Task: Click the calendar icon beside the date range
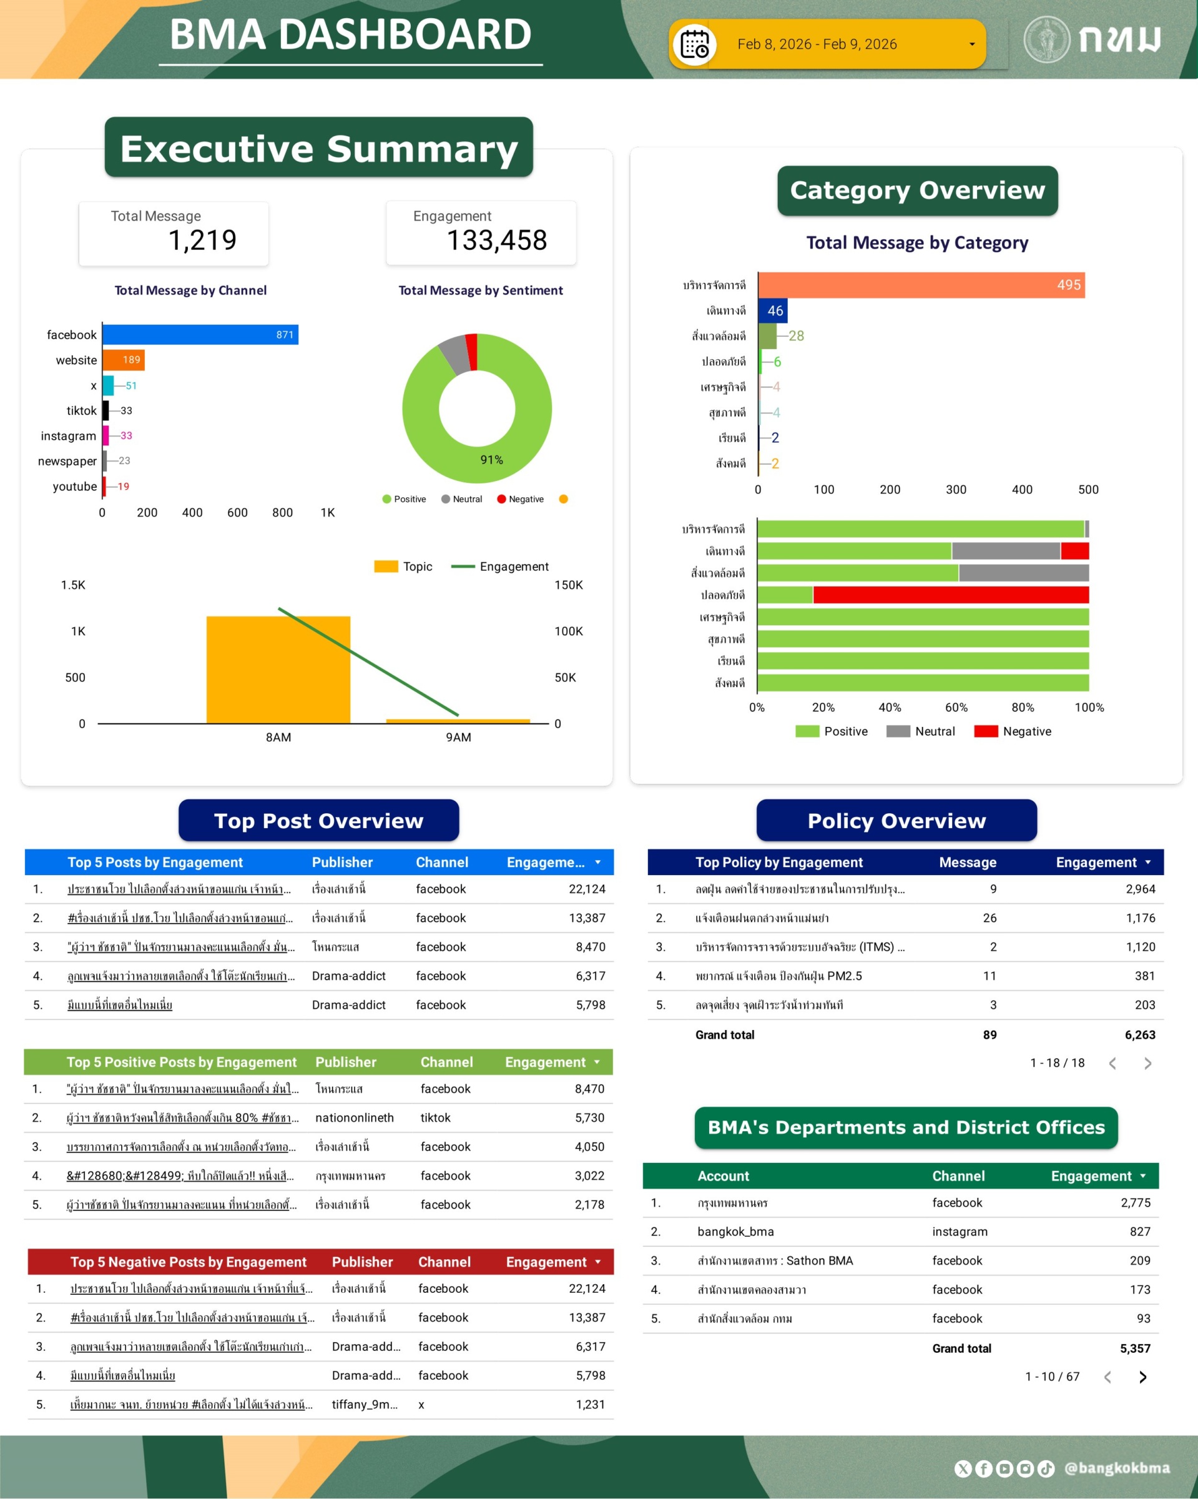click(x=694, y=45)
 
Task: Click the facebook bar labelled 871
click(x=200, y=334)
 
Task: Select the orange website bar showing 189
click(x=123, y=360)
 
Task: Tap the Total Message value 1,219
click(x=202, y=240)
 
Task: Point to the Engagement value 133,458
click(x=496, y=240)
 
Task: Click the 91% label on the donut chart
click(x=491, y=460)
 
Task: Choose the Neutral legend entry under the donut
click(x=461, y=499)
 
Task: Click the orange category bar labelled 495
click(x=921, y=285)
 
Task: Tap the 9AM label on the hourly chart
click(x=458, y=737)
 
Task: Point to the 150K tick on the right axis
click(x=569, y=585)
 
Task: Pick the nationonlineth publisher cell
click(x=355, y=1117)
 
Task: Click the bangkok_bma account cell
click(x=735, y=1231)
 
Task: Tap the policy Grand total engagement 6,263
click(x=1139, y=1034)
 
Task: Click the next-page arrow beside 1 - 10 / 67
click(x=1142, y=1377)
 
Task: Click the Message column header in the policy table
click(x=967, y=862)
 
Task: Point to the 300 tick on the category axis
click(x=956, y=490)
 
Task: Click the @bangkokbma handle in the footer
click(x=1117, y=1468)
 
